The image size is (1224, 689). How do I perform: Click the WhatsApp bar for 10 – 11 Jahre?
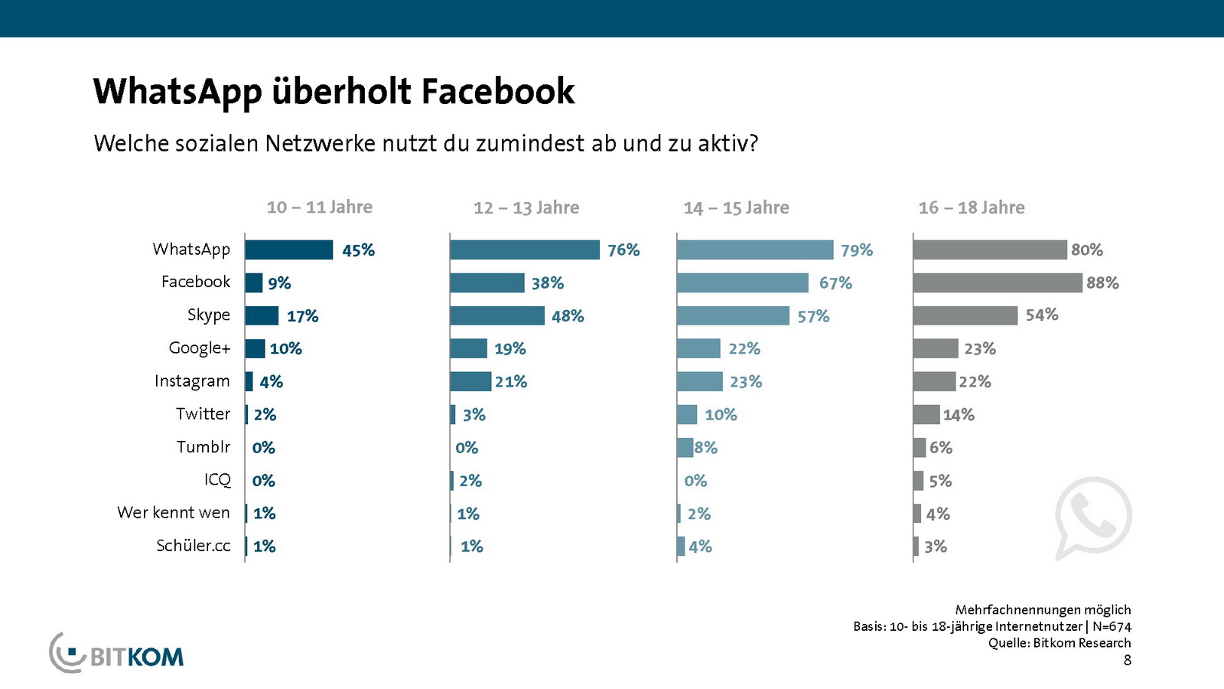pos(289,250)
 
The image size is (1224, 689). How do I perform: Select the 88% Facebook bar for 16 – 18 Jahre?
pos(998,282)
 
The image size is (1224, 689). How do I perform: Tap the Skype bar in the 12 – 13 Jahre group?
pos(497,315)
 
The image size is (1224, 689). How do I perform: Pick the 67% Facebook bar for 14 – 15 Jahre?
pos(742,282)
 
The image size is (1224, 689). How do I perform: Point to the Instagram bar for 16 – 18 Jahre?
pos(934,381)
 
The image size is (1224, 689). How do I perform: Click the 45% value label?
pos(358,250)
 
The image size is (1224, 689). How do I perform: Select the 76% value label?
pos(623,250)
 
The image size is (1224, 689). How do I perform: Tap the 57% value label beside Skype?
pos(813,316)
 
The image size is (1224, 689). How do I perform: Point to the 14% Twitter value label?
pos(959,415)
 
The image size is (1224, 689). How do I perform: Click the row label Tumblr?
pos(203,447)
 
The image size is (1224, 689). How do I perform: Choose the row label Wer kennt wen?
pos(174,513)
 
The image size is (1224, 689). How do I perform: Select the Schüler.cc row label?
pos(194,546)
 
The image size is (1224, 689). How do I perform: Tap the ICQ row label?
pos(217,480)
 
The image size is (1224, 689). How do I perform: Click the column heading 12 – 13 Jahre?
pos(526,207)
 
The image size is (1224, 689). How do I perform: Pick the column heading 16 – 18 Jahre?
pos(972,207)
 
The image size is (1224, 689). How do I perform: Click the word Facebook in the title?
pos(498,91)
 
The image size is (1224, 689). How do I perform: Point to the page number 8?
pos(1127,660)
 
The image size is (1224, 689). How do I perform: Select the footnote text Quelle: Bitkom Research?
pos(1060,643)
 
